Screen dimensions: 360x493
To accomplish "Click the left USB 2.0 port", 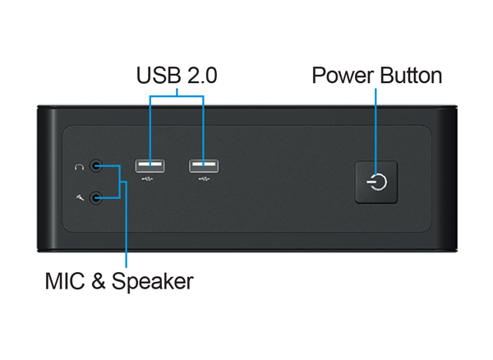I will point(150,166).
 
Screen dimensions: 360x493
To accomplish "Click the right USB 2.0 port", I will point(204,166).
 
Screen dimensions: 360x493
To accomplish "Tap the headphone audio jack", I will point(99,166).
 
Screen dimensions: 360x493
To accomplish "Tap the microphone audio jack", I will point(99,196).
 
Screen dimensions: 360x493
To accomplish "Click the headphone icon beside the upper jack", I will point(79,166).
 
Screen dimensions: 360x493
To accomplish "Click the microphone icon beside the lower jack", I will point(79,196).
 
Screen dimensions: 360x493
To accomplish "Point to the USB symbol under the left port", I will point(150,180).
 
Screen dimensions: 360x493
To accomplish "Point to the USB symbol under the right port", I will point(204,180).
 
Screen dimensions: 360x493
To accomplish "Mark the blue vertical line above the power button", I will point(377,123).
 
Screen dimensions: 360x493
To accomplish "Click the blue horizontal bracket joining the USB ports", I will point(177,97).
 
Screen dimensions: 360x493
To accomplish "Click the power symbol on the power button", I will point(377,182).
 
